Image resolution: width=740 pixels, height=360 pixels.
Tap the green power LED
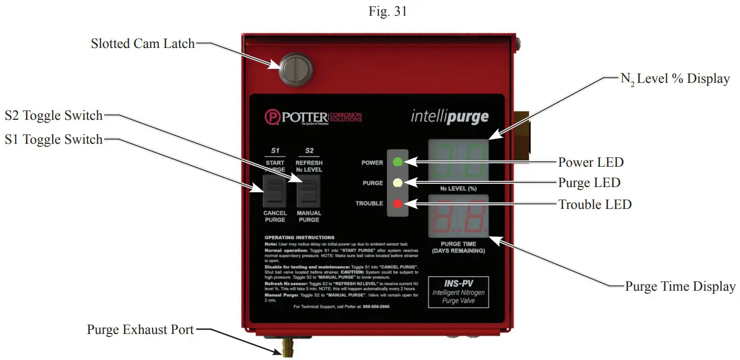click(397, 162)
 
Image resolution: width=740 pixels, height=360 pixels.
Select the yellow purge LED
click(397, 182)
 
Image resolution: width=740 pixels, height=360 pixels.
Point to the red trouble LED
click(397, 203)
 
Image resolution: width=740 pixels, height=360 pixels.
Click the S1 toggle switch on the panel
click(274, 191)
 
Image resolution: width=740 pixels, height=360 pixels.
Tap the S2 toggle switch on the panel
click(309, 191)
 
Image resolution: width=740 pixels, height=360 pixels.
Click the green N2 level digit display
click(458, 161)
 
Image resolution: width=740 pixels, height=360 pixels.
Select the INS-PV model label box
click(458, 292)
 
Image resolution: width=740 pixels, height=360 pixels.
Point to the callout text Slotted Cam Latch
click(143, 44)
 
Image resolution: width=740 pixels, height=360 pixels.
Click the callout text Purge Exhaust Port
click(140, 330)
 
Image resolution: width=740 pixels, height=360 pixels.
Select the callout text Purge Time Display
click(680, 287)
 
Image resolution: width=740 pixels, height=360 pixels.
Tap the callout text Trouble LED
click(595, 205)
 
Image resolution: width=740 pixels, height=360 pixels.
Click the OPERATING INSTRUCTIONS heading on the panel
click(299, 237)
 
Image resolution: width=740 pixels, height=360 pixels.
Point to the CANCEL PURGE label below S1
click(274, 216)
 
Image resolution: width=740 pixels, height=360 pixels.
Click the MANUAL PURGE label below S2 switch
click(309, 216)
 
